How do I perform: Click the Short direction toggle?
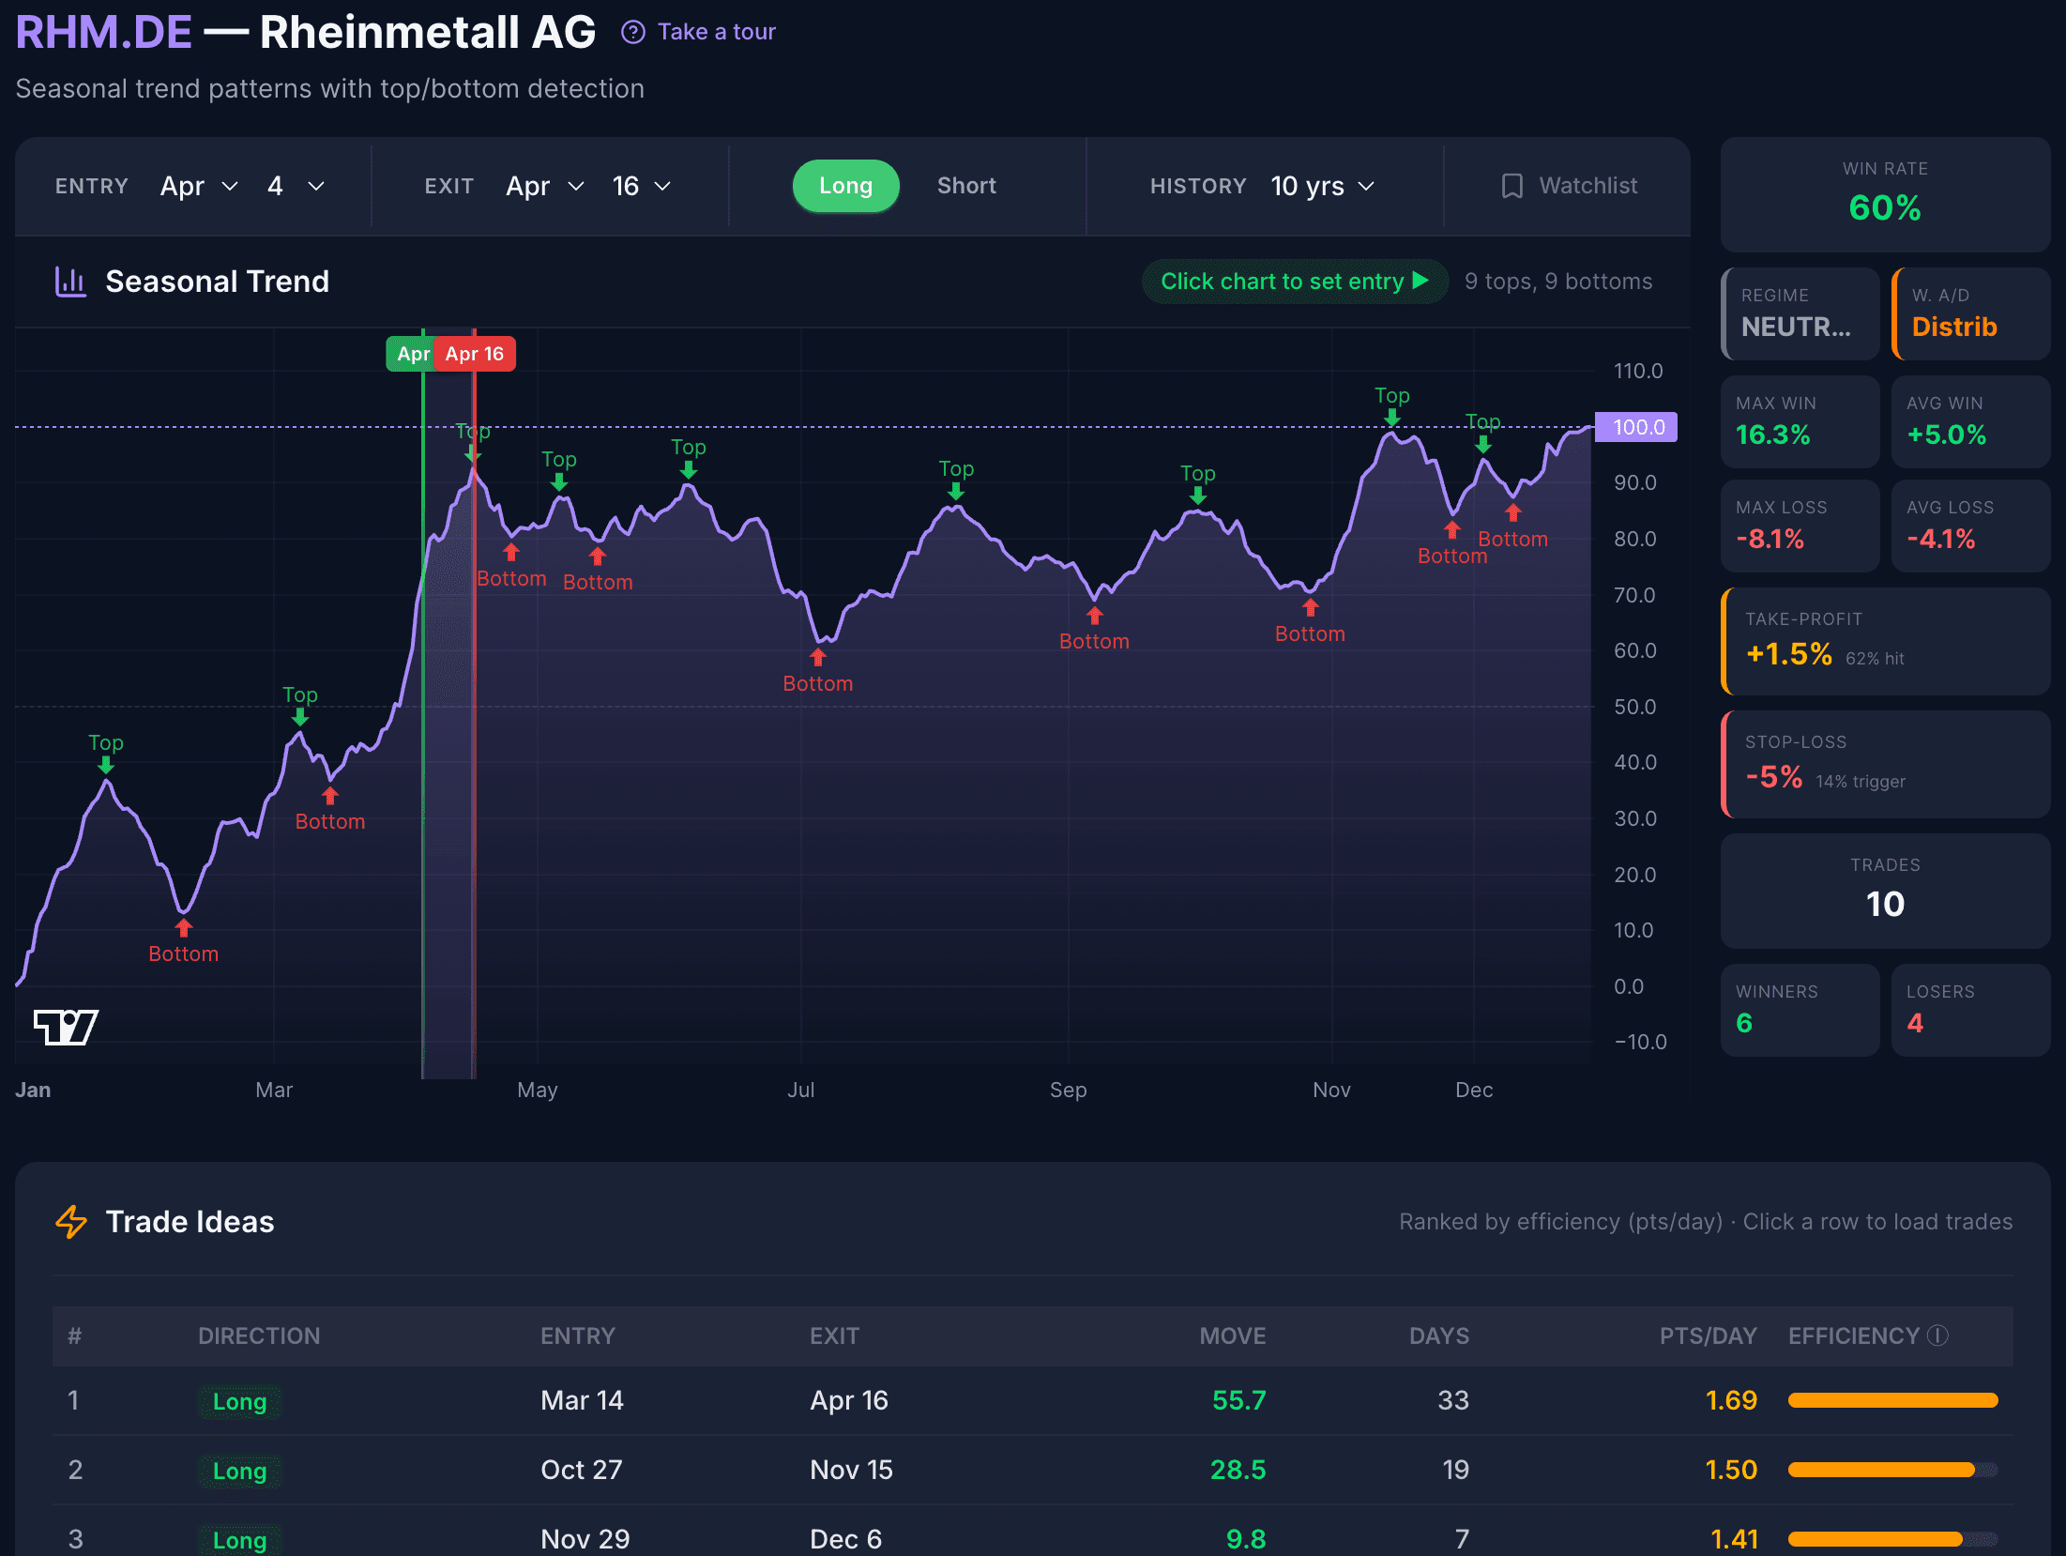tap(965, 186)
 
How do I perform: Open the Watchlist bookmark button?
tap(1569, 186)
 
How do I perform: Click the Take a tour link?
tap(699, 32)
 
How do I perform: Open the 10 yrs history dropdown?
tap(1321, 186)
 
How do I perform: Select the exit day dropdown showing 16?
tap(641, 186)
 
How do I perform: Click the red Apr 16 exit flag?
tap(475, 354)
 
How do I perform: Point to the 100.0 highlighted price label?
tap(1637, 427)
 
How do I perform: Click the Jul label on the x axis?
tap(800, 1090)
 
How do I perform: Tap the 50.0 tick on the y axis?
tap(1634, 707)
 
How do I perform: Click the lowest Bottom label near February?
tap(184, 953)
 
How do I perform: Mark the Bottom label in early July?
tap(817, 683)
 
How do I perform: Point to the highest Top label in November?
tap(1391, 396)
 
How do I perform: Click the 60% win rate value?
tap(1884, 207)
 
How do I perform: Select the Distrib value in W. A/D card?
tap(1953, 327)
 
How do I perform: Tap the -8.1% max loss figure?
tap(1770, 539)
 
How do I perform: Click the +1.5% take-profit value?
tap(1788, 654)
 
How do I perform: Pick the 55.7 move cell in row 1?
tap(1238, 1400)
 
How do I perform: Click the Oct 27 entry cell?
tap(581, 1470)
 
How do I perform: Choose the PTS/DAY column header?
tap(1707, 1335)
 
